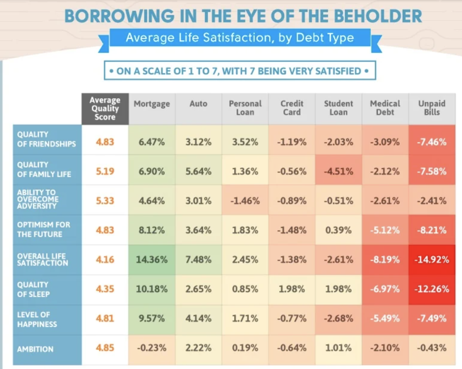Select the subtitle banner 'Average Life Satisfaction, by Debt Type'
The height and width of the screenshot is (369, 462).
click(x=240, y=37)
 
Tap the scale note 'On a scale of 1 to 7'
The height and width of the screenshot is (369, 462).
click(x=240, y=71)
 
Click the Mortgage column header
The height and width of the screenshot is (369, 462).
click(x=152, y=104)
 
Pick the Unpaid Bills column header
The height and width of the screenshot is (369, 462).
click(x=431, y=108)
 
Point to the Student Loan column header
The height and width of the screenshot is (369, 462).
click(x=338, y=108)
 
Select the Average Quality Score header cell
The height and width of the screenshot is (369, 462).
click(x=105, y=109)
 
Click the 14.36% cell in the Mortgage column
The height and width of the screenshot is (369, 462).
click(x=152, y=260)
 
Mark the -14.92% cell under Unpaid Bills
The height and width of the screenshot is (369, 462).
click(x=431, y=260)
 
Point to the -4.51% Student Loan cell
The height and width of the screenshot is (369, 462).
click(x=338, y=172)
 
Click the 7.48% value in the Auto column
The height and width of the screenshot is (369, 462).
click(x=198, y=260)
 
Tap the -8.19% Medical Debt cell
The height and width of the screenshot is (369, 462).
click(x=385, y=260)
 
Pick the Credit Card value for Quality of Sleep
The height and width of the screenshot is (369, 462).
click(x=291, y=289)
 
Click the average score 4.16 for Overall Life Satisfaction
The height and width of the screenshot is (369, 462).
click(x=105, y=260)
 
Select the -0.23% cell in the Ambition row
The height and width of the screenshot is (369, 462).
click(x=152, y=348)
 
